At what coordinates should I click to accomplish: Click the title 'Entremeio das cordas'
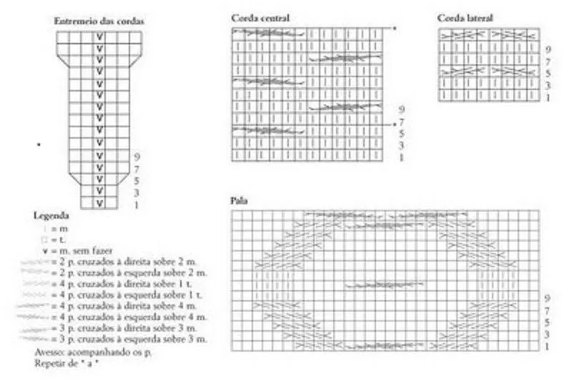100,21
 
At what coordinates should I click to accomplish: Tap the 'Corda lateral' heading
465,17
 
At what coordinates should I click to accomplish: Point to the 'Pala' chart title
240,201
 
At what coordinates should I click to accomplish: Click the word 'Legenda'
51,215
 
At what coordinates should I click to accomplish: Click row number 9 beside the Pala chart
546,297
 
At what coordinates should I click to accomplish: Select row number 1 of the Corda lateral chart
548,97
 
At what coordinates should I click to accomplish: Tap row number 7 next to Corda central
402,122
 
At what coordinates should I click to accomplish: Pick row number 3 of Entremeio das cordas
136,193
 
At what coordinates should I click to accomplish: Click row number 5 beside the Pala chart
546,322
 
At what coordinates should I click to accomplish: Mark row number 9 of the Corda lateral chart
548,49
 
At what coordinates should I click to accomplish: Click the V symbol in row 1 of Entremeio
100,204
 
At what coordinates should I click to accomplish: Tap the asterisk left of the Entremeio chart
39,145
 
